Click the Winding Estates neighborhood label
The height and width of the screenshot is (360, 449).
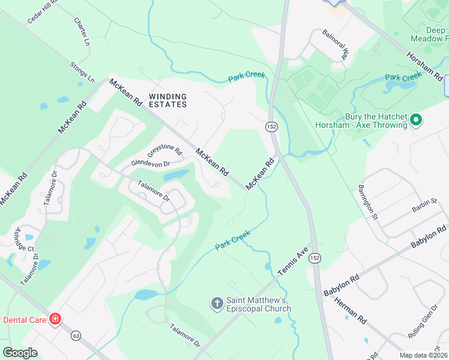[x=167, y=100]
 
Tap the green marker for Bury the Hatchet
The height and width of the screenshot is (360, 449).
[x=415, y=121]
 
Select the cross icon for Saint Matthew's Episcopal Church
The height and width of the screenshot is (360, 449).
[x=217, y=304]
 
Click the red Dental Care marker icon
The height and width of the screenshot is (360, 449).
[x=55, y=319]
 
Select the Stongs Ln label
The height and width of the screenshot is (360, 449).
[x=82, y=71]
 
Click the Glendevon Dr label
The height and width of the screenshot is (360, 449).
[x=151, y=163]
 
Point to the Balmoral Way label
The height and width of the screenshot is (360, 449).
[x=335, y=43]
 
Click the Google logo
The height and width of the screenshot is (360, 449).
[x=20, y=353]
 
